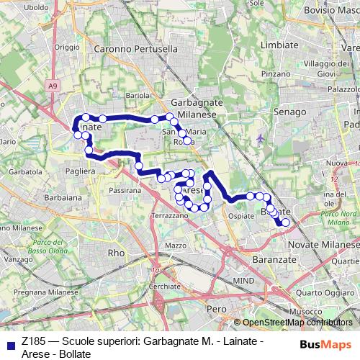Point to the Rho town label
pyautogui.click(x=115, y=253)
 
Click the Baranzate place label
pyautogui.click(x=271, y=257)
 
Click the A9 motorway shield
pyautogui.click(x=52, y=86)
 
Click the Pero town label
pyautogui.click(x=215, y=307)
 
